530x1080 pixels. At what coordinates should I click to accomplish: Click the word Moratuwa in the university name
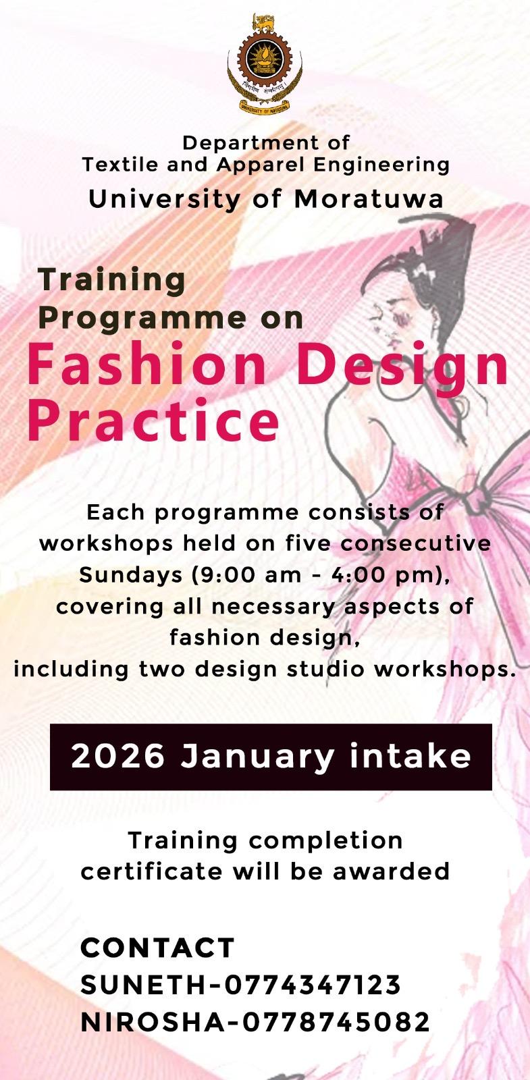tap(369, 199)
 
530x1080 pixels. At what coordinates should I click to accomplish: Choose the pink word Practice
tap(153, 419)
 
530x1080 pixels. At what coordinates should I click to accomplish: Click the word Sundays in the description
tap(131, 574)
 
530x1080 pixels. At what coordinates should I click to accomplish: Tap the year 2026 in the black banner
tap(118, 757)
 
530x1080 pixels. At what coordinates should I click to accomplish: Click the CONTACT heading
tap(158, 948)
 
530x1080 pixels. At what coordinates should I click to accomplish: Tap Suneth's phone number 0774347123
tap(313, 984)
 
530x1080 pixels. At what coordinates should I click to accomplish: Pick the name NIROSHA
tap(153, 1022)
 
